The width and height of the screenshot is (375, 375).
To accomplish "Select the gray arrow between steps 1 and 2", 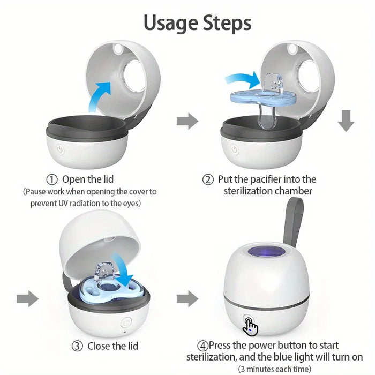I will coord(187,121).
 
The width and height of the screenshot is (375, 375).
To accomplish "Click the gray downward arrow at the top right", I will coord(346,121).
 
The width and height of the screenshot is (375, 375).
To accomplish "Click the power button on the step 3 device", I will coord(126,322).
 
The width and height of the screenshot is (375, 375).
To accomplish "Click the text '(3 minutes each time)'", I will coord(274,369).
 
